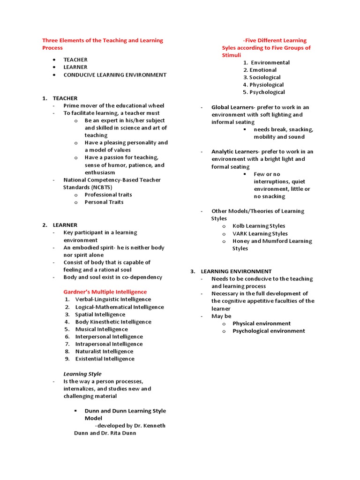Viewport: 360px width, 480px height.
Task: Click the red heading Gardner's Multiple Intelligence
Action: tap(105, 292)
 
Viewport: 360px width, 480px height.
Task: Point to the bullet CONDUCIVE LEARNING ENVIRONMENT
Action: tap(115, 75)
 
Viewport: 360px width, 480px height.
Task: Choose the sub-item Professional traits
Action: tap(108, 195)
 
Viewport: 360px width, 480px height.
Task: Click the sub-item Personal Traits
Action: tap(104, 202)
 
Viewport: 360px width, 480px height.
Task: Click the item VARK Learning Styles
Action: tap(260, 233)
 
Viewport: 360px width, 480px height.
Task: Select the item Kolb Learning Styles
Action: tap(259, 226)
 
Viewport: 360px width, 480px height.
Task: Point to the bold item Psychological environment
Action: tap(269, 331)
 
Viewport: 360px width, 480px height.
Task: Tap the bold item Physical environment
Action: tap(262, 323)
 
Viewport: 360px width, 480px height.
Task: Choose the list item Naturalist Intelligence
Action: tap(104, 351)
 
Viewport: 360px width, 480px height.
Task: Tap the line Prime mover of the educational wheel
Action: tap(114, 105)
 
